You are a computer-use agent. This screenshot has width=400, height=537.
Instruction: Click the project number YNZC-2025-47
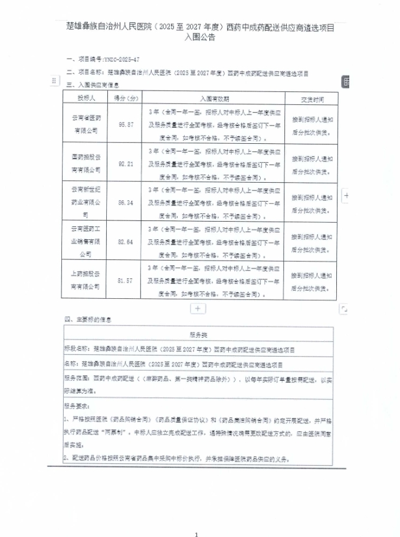122,60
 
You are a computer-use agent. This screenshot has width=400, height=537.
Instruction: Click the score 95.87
126,124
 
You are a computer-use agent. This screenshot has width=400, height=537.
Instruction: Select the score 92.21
126,163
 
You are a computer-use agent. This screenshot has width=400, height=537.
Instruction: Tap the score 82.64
126,241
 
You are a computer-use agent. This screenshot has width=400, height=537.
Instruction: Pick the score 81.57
126,281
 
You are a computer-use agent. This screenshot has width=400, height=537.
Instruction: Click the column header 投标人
86,98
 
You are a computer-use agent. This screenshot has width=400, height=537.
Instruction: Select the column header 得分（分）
126,98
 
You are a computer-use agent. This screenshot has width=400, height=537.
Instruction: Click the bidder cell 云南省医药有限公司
86,124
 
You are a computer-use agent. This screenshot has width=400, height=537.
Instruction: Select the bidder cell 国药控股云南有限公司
86,163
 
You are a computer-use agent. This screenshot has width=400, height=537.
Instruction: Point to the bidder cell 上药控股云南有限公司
86,281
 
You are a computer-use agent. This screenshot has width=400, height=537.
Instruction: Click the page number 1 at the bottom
197,519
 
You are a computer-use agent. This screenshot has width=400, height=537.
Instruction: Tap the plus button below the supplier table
197,308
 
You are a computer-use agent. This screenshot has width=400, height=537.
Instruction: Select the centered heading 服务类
198,334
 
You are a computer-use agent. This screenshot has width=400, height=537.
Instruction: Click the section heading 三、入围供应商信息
94,85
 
